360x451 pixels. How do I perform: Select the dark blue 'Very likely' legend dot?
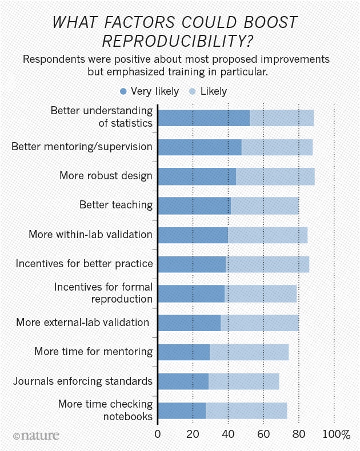click(123, 91)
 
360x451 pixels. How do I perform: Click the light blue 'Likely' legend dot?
click(193, 91)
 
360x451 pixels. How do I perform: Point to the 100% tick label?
click(336, 435)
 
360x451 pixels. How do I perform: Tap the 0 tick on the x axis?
click(158, 435)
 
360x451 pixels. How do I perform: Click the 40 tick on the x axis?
click(228, 435)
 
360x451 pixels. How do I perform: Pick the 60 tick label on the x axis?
click(263, 435)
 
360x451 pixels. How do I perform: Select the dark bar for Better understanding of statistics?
click(203, 118)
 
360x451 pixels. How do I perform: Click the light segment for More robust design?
click(275, 176)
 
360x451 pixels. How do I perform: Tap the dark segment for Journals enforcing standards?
click(183, 381)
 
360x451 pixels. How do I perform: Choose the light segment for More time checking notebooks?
click(246, 411)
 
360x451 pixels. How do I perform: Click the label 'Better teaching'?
click(116, 205)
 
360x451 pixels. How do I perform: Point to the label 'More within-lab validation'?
click(90, 235)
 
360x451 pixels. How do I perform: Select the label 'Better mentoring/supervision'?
click(82, 147)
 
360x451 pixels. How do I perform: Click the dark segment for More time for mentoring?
click(183, 352)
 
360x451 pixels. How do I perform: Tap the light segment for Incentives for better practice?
click(267, 264)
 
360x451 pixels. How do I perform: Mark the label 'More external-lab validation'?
click(82, 323)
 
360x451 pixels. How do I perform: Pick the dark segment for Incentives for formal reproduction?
click(191, 293)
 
